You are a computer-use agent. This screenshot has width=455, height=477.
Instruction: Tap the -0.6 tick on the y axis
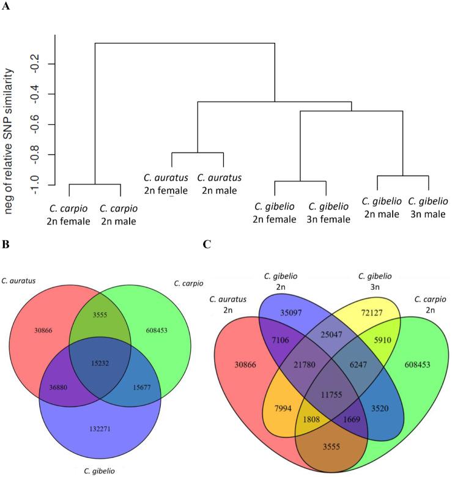[x=51, y=125]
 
